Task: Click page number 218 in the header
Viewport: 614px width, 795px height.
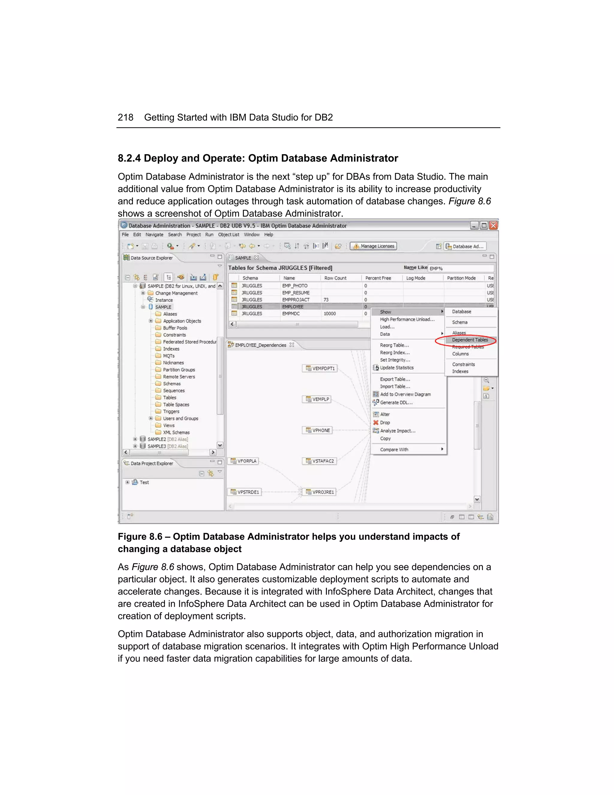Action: tap(126, 118)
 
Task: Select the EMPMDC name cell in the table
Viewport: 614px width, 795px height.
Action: tap(291, 314)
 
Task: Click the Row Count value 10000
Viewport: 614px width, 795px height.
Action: tap(329, 314)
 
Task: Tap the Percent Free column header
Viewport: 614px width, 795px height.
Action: tap(378, 278)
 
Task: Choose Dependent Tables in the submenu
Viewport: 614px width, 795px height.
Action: tap(469, 340)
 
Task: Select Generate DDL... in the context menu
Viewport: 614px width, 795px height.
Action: tap(396, 403)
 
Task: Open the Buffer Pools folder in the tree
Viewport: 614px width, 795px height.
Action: tap(175, 328)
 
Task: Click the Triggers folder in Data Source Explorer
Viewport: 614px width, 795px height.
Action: tap(171, 412)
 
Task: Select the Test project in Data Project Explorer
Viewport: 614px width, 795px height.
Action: tap(144, 482)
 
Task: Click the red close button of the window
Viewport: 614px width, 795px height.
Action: tap(493, 226)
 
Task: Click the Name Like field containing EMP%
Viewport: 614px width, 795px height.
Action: tap(460, 268)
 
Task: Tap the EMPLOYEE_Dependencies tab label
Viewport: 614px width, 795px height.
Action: tap(261, 345)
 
